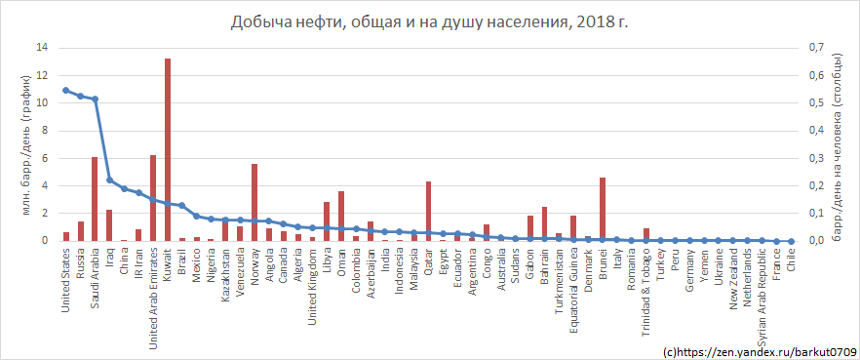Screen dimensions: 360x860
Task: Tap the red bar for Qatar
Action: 428,211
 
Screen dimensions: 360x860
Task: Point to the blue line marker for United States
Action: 65,90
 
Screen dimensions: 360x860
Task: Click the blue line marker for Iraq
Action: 109,180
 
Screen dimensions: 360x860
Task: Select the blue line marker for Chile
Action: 791,241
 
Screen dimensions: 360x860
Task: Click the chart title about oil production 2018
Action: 429,21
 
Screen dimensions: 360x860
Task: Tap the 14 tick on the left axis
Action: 40,48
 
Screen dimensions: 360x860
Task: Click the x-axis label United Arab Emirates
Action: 153,282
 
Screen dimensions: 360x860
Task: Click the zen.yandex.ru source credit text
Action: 759,350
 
